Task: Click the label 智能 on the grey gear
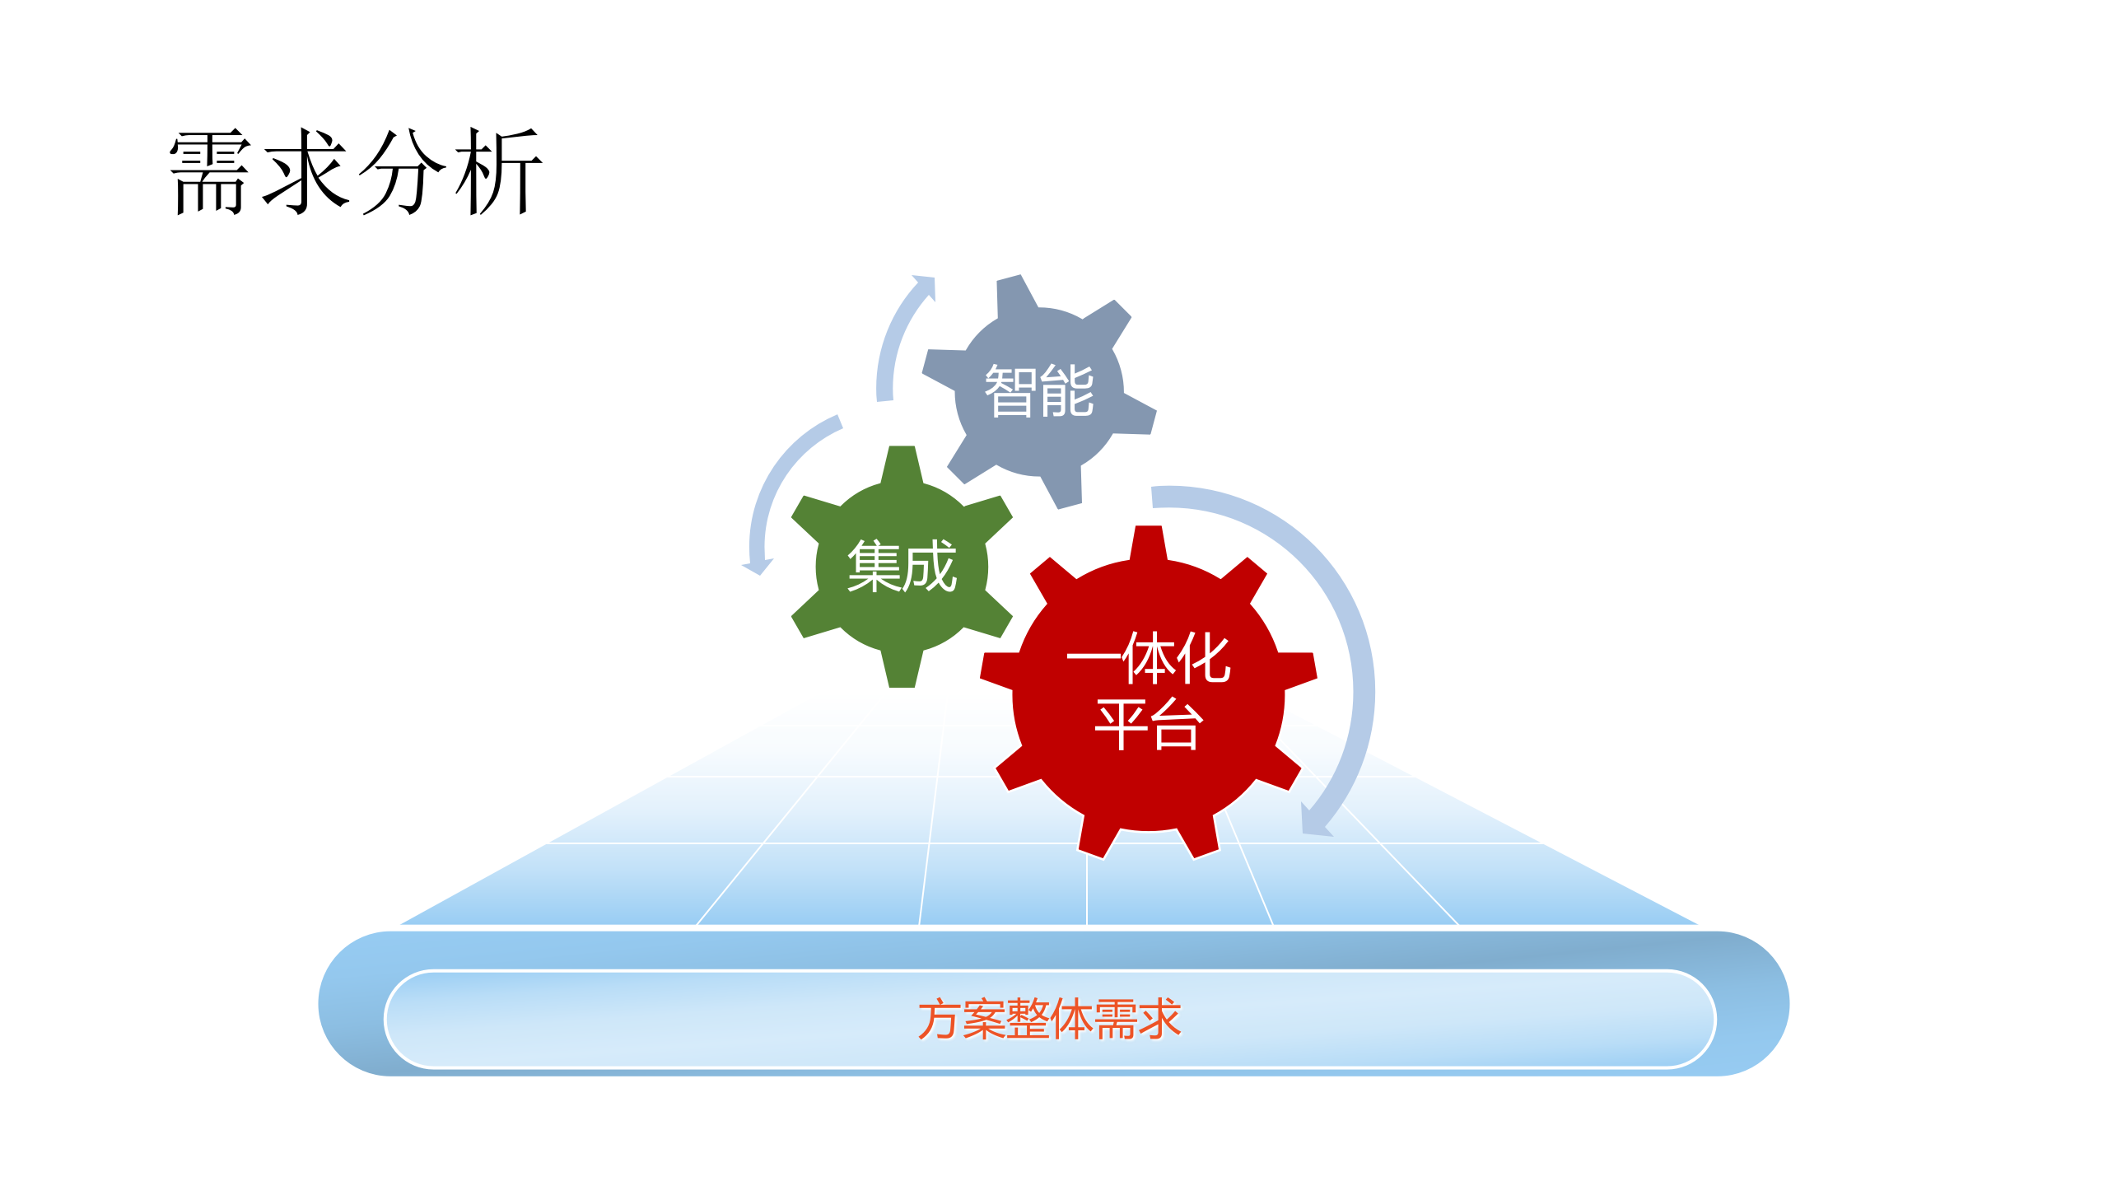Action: click(1039, 390)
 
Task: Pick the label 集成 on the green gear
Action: click(902, 567)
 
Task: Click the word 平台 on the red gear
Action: click(1148, 725)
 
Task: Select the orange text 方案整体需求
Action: click(1049, 1020)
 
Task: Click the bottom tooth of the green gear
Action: click(902, 670)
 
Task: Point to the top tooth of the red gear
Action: click(1148, 542)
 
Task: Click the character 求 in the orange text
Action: click(1159, 1020)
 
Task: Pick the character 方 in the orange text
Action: click(940, 1020)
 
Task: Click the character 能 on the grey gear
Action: click(1067, 390)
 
